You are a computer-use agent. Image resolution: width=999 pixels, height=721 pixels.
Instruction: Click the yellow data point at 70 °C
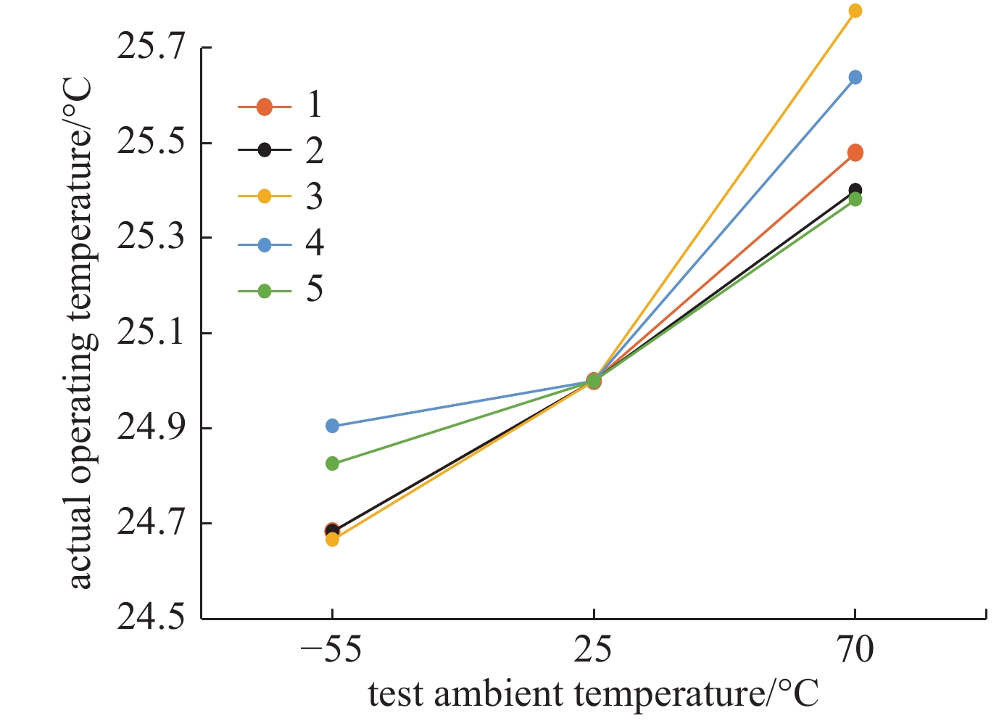point(855,11)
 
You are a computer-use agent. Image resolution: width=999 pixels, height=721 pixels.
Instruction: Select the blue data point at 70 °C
point(855,78)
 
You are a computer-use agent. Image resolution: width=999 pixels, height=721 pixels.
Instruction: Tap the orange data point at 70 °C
point(855,152)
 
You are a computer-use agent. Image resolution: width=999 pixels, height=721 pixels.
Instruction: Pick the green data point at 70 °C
point(855,199)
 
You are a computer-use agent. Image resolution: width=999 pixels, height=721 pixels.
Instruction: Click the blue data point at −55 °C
point(332,426)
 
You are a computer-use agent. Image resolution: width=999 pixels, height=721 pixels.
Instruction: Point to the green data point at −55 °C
point(332,463)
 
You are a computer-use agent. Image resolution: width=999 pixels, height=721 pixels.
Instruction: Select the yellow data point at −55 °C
point(332,540)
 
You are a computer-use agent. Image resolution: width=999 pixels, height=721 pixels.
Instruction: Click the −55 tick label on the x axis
point(332,651)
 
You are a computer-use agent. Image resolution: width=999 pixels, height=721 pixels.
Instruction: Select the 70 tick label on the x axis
point(855,651)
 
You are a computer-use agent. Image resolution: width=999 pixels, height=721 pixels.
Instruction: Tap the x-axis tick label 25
point(594,651)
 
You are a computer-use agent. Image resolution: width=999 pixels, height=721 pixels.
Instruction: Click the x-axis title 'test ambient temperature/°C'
point(593,693)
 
